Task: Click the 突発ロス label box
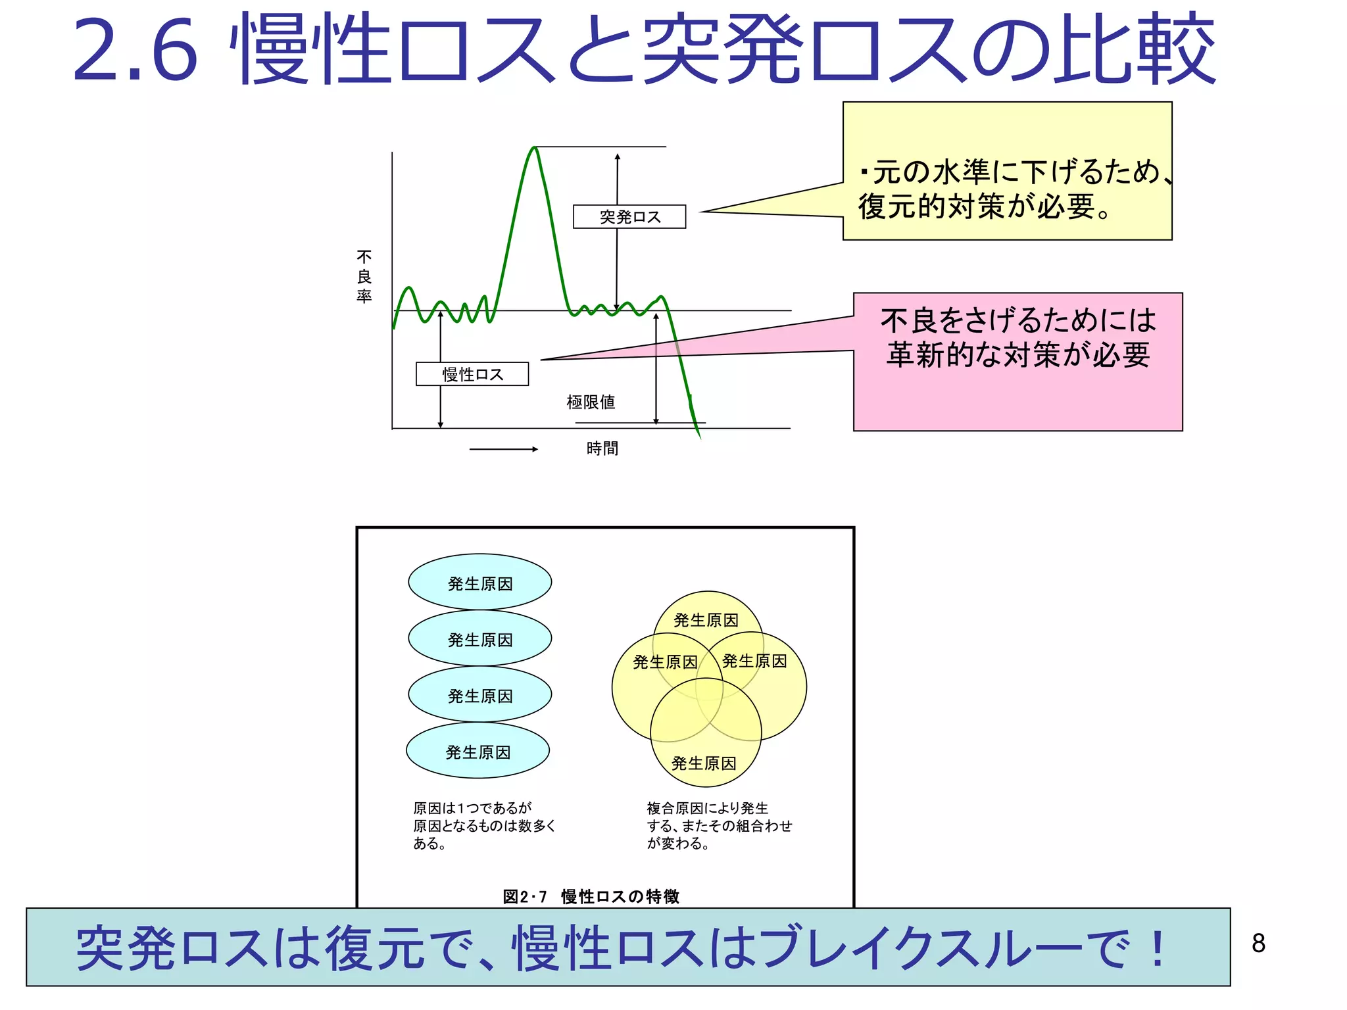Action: click(629, 217)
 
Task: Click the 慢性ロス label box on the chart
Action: click(472, 374)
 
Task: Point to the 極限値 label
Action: click(591, 402)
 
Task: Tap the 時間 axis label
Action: click(602, 448)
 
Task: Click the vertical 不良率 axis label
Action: click(364, 276)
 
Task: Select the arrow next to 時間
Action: click(503, 449)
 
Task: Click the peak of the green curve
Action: click(535, 149)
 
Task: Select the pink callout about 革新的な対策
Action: click(1017, 362)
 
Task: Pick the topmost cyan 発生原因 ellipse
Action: click(479, 583)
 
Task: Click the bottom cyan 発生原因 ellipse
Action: click(478, 751)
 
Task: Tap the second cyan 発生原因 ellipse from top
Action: click(479, 638)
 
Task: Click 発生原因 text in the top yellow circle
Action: click(706, 620)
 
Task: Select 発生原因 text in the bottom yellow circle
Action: click(703, 763)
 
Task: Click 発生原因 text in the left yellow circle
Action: click(664, 662)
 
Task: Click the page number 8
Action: click(1258, 943)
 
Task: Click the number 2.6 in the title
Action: click(135, 51)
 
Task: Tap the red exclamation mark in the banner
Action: click(1158, 948)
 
